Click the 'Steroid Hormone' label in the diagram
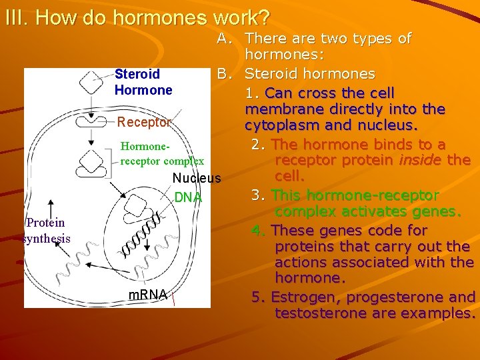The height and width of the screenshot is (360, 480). (143, 82)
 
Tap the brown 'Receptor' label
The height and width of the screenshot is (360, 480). (144, 122)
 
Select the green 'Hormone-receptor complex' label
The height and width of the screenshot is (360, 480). (161, 153)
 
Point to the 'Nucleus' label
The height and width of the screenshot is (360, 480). (196, 178)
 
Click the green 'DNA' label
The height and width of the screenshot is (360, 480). (187, 197)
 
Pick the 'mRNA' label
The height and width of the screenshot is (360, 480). (149, 294)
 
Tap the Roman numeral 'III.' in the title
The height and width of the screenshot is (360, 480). (16, 17)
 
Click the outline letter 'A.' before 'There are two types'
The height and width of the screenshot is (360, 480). (225, 39)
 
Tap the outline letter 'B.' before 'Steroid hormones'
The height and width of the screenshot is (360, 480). (225, 73)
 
